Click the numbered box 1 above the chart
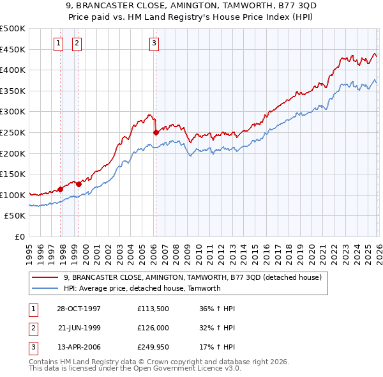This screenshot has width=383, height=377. click(x=58, y=43)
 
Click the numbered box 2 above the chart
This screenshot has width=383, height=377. click(x=77, y=43)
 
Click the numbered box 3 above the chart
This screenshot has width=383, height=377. click(x=154, y=43)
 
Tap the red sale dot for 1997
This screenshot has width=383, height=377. click(x=61, y=189)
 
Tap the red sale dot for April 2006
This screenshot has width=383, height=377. click(x=156, y=133)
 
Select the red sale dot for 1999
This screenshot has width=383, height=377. click(x=79, y=184)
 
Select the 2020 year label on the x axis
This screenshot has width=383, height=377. click(x=310, y=249)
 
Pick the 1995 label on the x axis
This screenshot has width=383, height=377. click(x=29, y=249)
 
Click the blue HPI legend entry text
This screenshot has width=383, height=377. click(x=142, y=288)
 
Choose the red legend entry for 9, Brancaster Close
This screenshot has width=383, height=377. click(x=195, y=277)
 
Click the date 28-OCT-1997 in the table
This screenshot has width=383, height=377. click(x=79, y=309)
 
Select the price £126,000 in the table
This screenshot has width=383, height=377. click(x=152, y=328)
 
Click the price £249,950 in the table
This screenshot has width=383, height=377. click(x=152, y=348)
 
